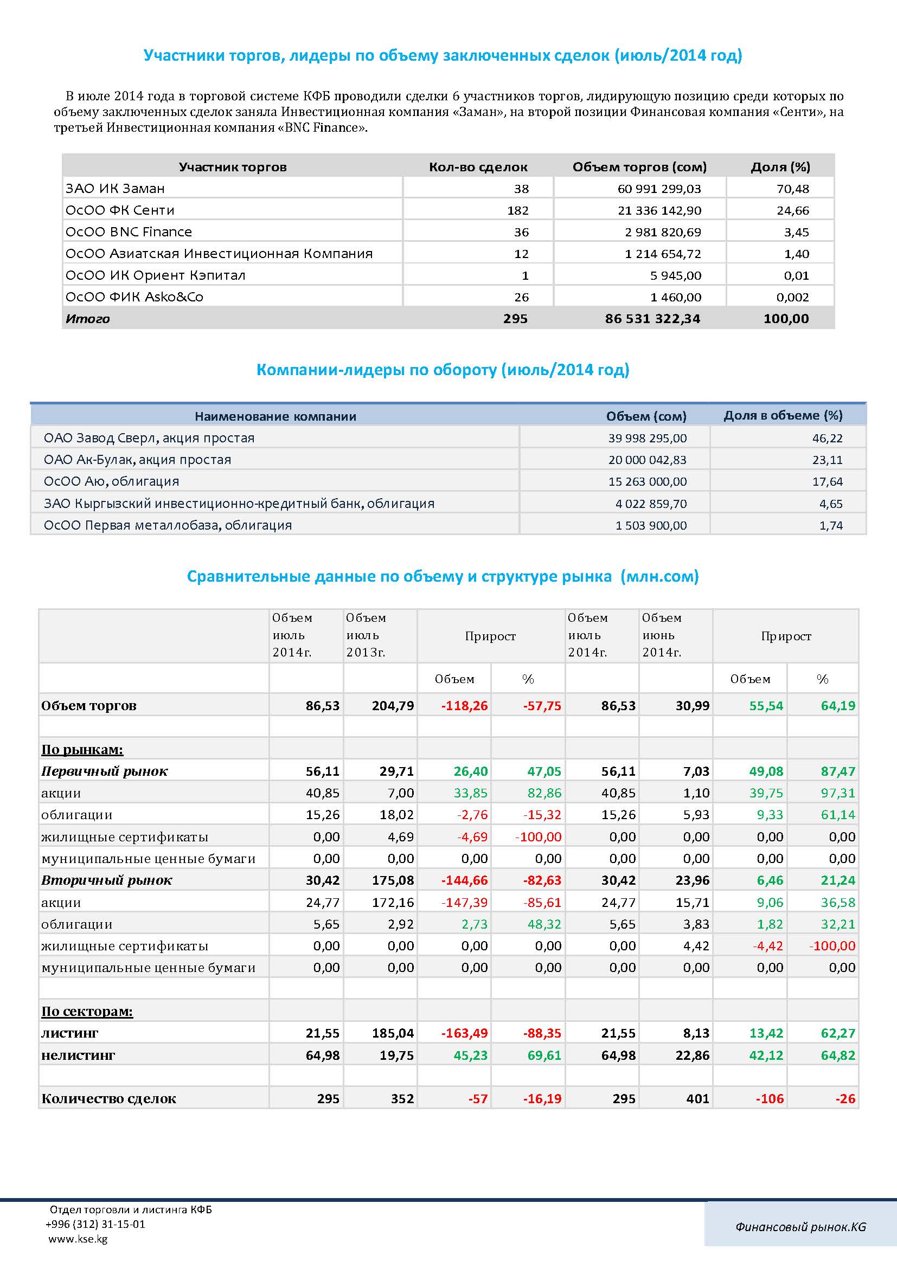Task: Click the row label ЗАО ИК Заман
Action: [x=115, y=188]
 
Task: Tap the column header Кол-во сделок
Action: [x=478, y=167]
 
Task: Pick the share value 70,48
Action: [x=793, y=189]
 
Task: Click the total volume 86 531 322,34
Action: [x=652, y=319]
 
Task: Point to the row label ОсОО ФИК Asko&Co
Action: [x=134, y=297]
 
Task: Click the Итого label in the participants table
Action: [x=87, y=319]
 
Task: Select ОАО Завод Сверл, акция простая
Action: [x=149, y=438]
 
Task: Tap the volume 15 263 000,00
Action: [x=648, y=481]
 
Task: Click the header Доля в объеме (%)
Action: [x=783, y=415]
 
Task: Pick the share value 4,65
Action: [x=831, y=504]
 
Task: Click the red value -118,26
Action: [x=465, y=706]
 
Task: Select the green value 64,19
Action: [x=838, y=706]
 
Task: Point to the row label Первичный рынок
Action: [x=104, y=771]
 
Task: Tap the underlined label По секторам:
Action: [x=87, y=1011]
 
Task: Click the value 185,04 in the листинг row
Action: [x=393, y=1033]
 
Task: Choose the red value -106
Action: [x=770, y=1099]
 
